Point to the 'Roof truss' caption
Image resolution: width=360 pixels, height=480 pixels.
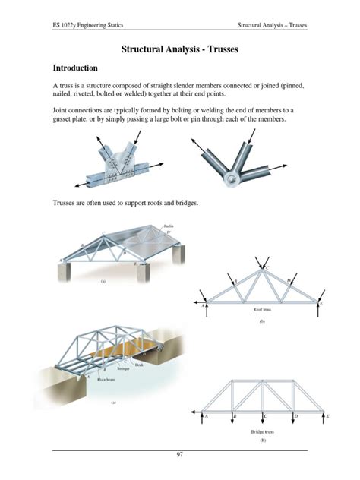[x=263, y=311]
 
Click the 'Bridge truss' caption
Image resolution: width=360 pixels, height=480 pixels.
[x=263, y=431]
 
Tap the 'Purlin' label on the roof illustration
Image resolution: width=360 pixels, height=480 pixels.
[x=169, y=225]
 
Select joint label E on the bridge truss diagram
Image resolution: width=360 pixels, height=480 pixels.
[x=327, y=417]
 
